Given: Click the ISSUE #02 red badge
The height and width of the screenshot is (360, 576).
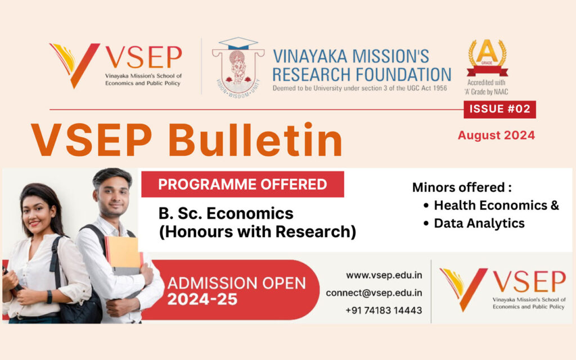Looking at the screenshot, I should click(x=499, y=109).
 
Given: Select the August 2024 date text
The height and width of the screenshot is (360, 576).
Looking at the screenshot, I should click(x=496, y=135).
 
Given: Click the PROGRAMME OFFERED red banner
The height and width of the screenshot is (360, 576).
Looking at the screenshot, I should click(x=242, y=184).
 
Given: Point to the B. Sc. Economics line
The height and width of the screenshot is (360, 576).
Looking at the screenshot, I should click(x=226, y=214).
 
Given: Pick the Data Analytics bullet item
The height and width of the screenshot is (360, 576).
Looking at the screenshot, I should click(x=479, y=223).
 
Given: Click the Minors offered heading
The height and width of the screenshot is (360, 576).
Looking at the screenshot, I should click(x=462, y=187).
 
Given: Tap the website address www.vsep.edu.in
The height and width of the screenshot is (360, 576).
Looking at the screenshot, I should click(x=384, y=276).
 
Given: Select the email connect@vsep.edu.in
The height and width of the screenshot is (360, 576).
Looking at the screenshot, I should click(x=374, y=293).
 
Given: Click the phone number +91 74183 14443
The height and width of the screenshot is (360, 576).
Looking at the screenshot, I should click(x=384, y=310).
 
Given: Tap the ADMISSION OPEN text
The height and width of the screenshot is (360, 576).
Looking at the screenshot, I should click(x=236, y=282).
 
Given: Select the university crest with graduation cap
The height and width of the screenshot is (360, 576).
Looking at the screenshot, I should click(x=238, y=66).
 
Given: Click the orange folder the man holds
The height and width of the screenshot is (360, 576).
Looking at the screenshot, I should click(x=123, y=253).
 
